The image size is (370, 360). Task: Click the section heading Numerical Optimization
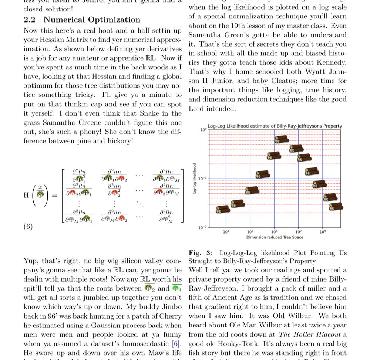click(x=92, y=20)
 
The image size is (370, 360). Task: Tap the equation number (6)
click(x=28, y=227)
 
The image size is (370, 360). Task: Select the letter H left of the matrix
click(x=26, y=195)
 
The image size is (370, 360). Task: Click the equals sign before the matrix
click(x=55, y=195)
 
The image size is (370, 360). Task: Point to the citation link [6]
click(x=177, y=344)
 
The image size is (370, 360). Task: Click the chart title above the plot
click(x=275, y=126)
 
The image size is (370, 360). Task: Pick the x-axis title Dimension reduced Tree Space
click(x=275, y=237)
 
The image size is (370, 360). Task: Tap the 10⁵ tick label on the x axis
click(x=274, y=232)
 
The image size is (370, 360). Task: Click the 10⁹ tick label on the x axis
click(x=323, y=232)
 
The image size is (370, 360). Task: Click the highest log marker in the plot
click(x=282, y=139)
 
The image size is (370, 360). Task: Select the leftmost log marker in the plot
click(x=223, y=209)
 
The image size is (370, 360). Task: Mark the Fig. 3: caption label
click(x=200, y=253)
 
